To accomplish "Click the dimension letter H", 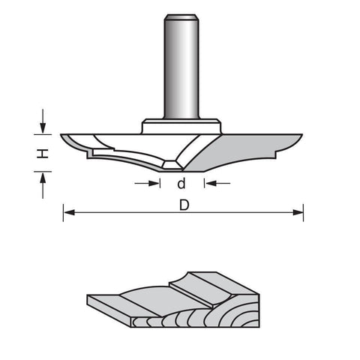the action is click(43, 153).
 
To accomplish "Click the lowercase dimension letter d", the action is click(181, 183).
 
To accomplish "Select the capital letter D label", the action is click(184, 205).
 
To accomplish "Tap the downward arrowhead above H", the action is click(43, 128).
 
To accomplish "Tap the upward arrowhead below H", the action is click(43, 178).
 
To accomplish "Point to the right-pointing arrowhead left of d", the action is click(154, 183).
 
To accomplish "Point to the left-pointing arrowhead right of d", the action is click(211, 183).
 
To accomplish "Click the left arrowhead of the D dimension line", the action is click(69, 212).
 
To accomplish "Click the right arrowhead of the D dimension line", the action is click(298, 212).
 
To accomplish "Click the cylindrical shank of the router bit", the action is click(181, 67).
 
